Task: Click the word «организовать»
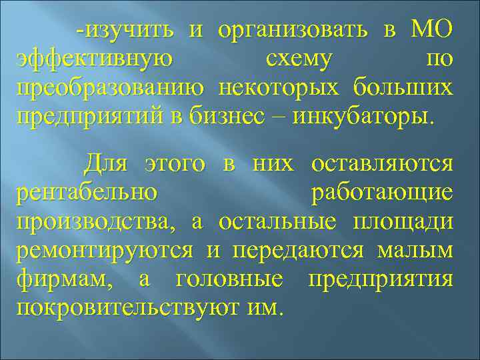pos(293,30)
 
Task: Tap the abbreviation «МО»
pos(432,30)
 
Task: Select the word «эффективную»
pos(93,59)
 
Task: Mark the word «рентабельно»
pos(87,192)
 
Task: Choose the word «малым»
pos(415,251)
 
